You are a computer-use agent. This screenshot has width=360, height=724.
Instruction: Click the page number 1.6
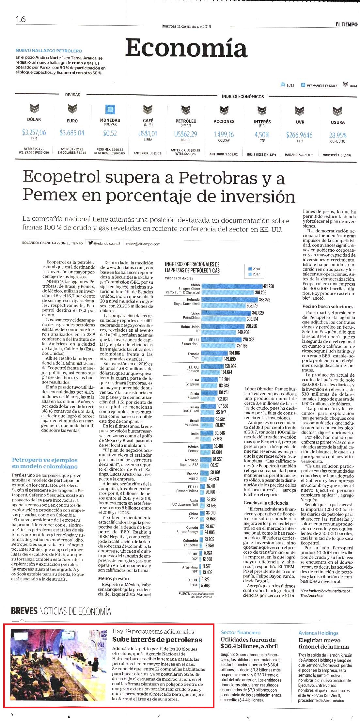pyautogui.click(x=21, y=19)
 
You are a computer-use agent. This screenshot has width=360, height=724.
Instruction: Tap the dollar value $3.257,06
pyautogui.click(x=34, y=132)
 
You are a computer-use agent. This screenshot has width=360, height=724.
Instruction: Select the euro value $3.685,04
pyautogui.click(x=72, y=133)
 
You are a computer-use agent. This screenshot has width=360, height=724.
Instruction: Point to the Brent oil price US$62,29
pyautogui.click(x=186, y=134)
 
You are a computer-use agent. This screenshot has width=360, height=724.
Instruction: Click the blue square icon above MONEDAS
pyautogui.click(x=110, y=109)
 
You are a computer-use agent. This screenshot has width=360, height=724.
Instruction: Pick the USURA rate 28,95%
pyautogui.click(x=338, y=135)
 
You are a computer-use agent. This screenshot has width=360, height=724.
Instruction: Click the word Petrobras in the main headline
pyautogui.click(x=211, y=178)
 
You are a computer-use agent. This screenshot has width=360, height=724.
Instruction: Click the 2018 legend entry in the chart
pyautogui.click(x=254, y=269)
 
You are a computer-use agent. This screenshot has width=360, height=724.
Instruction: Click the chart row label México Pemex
pyautogui.click(x=193, y=449)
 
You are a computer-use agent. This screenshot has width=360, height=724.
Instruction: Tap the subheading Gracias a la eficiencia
pyautogui.click(x=266, y=503)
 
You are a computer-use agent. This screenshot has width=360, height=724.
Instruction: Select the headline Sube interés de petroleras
pyautogui.click(x=157, y=639)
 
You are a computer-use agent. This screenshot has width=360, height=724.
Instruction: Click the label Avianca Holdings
pyautogui.click(x=319, y=633)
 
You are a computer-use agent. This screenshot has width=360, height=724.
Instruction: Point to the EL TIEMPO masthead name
pyautogui.click(x=347, y=24)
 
